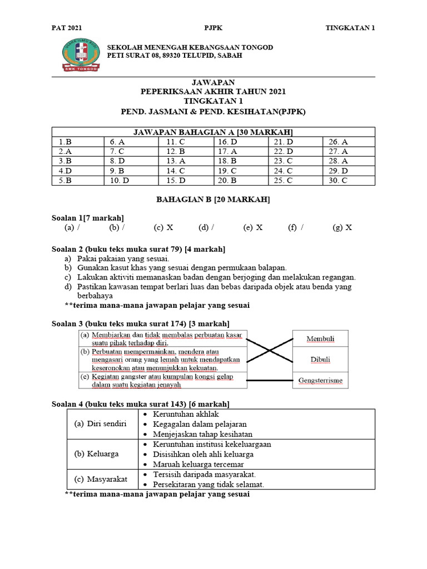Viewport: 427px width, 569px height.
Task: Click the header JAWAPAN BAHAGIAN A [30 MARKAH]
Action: pos(213,132)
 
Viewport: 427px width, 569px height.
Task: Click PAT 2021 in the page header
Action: pos(66,28)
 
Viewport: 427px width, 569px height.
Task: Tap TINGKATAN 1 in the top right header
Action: pos(350,28)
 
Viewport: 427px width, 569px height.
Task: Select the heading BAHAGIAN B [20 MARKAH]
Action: pos(213,199)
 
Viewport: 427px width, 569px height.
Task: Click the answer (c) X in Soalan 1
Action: pos(163,227)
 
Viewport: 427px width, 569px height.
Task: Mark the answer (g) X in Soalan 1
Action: pos(342,227)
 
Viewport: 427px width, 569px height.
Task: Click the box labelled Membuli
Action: pos(320,339)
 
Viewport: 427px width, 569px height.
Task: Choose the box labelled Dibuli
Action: pos(320,360)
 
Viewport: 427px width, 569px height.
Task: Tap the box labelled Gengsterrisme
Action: pos(320,381)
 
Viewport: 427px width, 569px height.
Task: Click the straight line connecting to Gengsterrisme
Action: pos(270,381)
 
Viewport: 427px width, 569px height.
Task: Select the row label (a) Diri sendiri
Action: pos(101,423)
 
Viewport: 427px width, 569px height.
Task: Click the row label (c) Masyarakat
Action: pos(100,479)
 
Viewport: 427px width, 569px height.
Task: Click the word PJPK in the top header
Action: pos(213,28)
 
